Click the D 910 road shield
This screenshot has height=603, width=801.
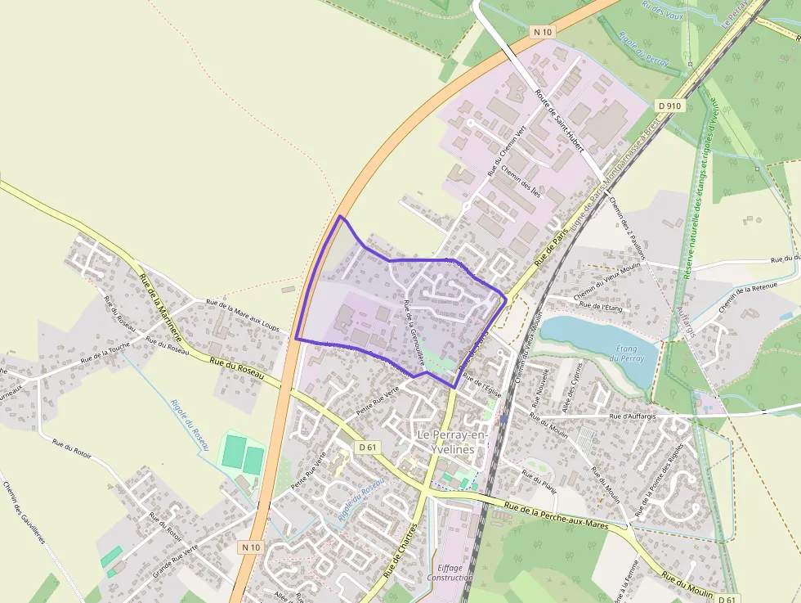(x=669, y=106)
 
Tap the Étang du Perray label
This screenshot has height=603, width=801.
(x=628, y=353)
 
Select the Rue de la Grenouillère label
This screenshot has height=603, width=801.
(x=414, y=331)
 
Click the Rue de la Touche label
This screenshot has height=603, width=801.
(x=105, y=354)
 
